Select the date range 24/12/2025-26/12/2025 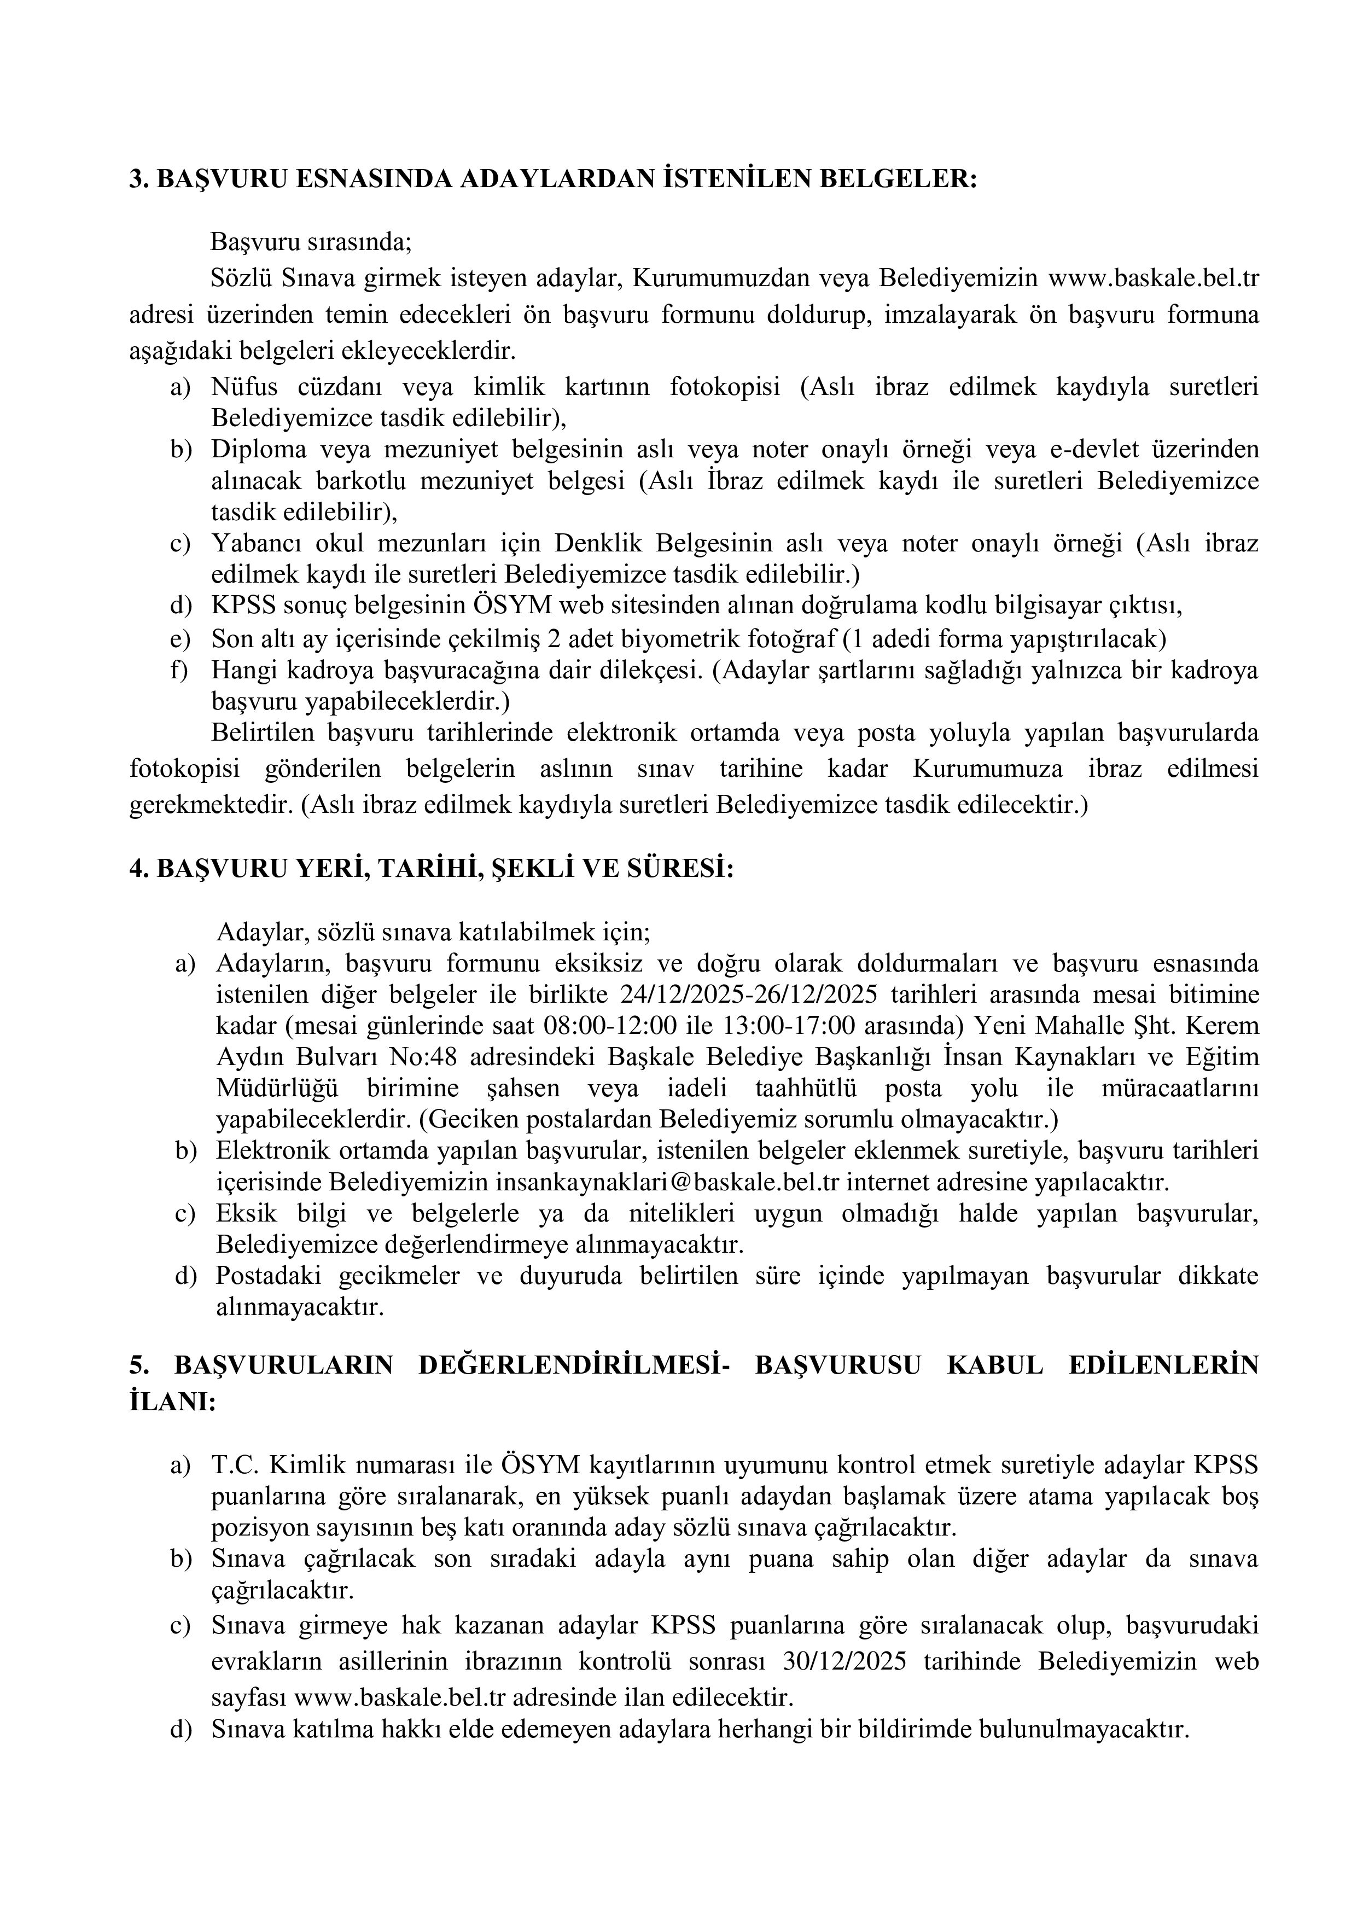tap(752, 995)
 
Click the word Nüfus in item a tap(240, 386)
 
